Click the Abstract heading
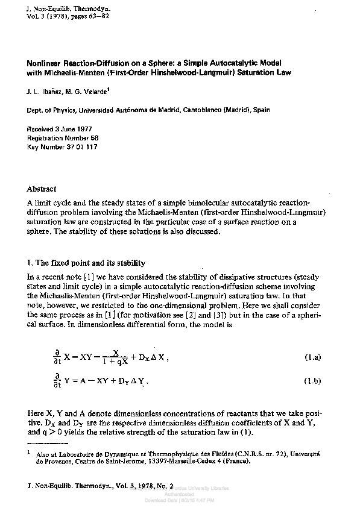[42, 189]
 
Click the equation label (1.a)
[312, 358]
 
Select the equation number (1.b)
[312, 381]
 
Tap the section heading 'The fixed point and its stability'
[91, 263]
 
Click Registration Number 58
[63, 138]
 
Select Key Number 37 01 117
[63, 146]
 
